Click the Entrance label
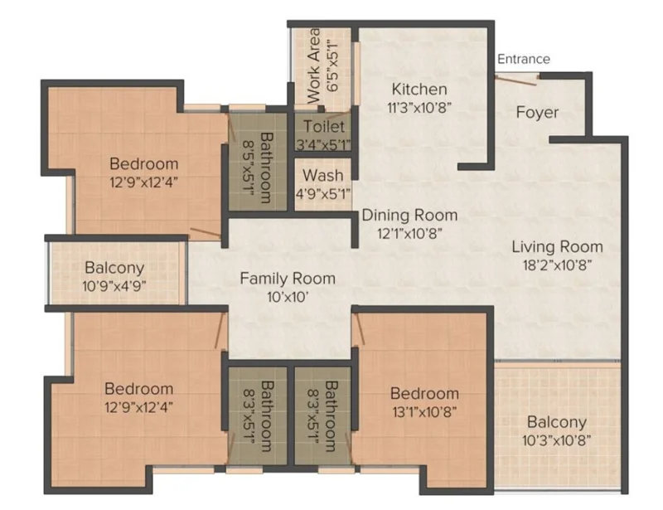coord(524,59)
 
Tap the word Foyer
coord(537,113)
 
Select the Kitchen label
coord(419,90)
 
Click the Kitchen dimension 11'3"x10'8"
coord(419,108)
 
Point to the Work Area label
coord(313,66)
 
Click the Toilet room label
coord(324,127)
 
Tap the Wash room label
coord(323,175)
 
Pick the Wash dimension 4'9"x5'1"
coord(323,194)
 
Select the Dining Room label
coord(409,215)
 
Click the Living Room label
coord(557,247)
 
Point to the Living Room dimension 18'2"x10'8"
coord(557,265)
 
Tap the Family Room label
coord(288,279)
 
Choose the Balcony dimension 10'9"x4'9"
coord(114,286)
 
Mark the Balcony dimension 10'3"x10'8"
coord(556,440)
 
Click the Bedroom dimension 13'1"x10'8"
coord(424,412)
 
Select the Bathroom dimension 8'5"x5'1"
coord(248,168)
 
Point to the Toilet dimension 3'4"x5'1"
coord(323,145)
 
